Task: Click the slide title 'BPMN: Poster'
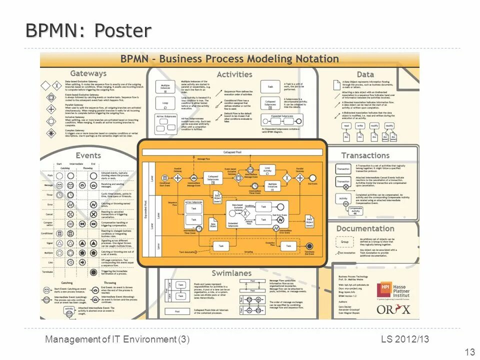click(88, 30)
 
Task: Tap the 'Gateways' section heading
click(88, 73)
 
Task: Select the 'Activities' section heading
click(234, 74)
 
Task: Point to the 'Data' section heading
click(365, 74)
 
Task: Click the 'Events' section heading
click(88, 155)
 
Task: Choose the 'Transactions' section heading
click(365, 155)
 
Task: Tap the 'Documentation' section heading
click(365, 228)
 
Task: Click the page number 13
click(469, 352)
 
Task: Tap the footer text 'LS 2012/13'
click(405, 339)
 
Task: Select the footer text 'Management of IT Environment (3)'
click(117, 339)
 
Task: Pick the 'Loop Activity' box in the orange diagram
click(267, 169)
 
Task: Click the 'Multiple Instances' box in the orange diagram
click(272, 185)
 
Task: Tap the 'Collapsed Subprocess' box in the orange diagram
click(213, 177)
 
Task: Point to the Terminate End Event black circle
click(309, 246)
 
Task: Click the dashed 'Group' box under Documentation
click(344, 242)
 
